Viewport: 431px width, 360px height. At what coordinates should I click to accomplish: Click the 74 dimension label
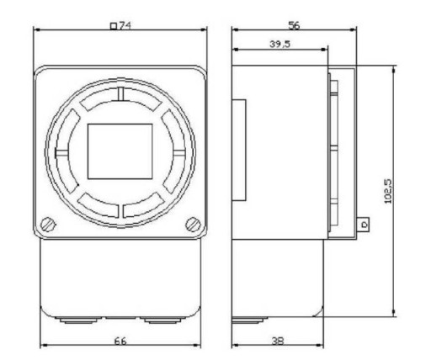(125, 26)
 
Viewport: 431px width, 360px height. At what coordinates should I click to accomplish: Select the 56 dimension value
(294, 26)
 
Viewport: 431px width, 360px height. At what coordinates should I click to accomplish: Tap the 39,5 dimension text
(280, 44)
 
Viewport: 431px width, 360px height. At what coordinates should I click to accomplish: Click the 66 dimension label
(120, 341)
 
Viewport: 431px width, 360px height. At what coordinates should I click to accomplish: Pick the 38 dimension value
(278, 341)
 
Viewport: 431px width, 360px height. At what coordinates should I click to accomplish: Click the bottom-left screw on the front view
(48, 225)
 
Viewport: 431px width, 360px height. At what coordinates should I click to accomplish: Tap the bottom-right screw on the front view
(194, 225)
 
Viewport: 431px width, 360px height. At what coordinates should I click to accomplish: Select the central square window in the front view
(120, 151)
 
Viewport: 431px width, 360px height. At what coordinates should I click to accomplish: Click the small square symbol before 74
(114, 26)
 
